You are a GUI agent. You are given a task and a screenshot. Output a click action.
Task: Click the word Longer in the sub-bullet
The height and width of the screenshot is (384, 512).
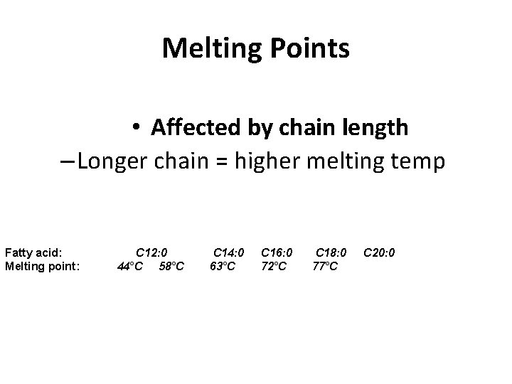point(111,161)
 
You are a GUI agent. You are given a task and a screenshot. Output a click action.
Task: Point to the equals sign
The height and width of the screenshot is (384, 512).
point(225,163)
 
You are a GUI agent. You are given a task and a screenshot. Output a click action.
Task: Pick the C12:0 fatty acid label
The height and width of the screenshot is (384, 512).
point(151,252)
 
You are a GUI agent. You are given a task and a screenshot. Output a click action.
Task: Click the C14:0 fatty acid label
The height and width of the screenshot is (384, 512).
point(230,252)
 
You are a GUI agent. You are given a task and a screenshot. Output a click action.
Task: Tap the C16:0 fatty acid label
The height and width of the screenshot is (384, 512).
point(277,252)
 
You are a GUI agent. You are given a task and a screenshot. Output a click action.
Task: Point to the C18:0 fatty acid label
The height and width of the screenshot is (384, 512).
point(331,252)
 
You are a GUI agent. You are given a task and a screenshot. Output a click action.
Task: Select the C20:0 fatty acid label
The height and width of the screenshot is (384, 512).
point(380,252)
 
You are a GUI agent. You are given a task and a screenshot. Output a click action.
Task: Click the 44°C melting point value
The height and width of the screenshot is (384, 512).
point(129,266)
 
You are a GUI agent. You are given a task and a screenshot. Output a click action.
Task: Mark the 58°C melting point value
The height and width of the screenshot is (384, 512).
point(172,266)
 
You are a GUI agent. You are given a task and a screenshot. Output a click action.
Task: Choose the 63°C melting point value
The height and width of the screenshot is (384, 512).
point(223,266)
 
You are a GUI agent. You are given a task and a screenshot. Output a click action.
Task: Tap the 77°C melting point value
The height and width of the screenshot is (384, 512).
point(325,266)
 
